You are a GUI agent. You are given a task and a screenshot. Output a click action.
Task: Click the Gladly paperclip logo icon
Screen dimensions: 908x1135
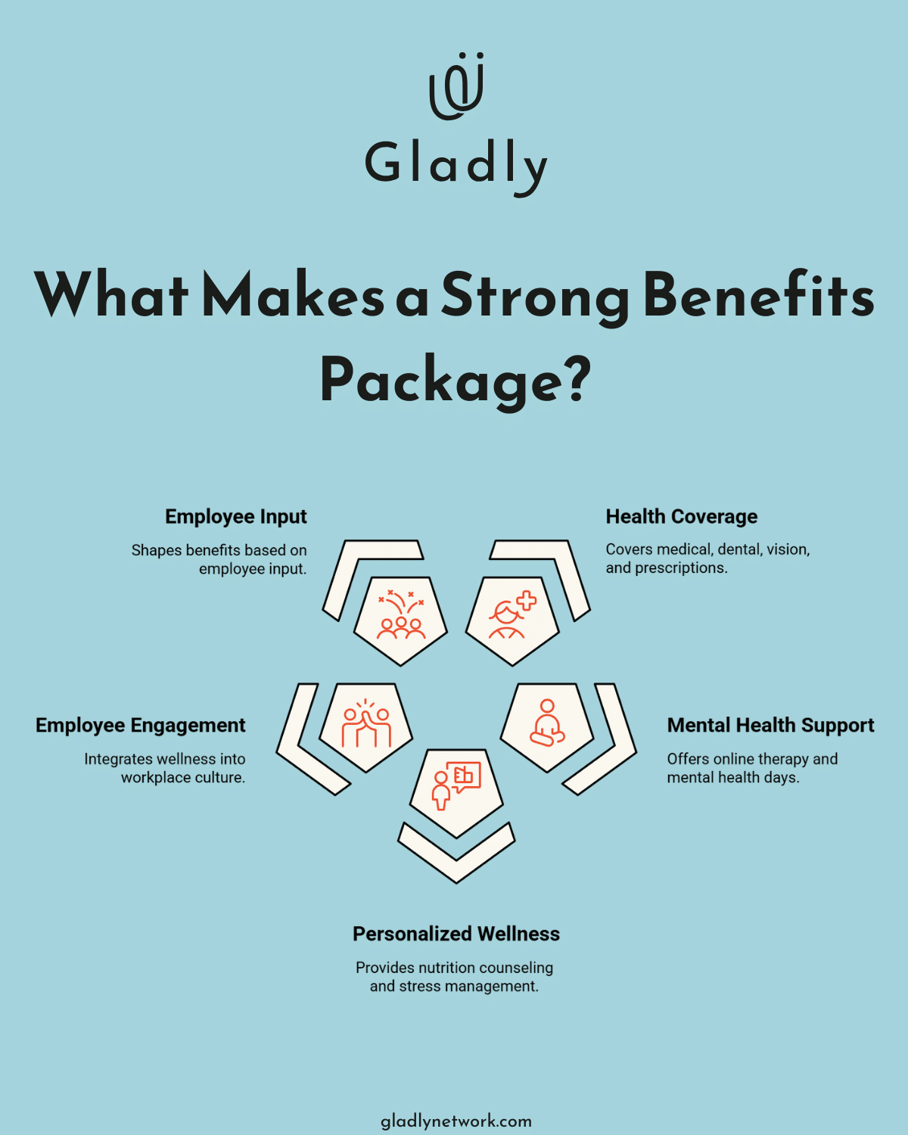(456, 86)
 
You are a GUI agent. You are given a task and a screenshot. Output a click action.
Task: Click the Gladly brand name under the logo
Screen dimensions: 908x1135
(456, 164)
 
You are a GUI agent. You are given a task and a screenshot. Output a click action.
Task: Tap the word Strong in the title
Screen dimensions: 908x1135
(534, 297)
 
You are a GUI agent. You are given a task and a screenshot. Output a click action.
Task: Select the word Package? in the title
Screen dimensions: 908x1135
(455, 381)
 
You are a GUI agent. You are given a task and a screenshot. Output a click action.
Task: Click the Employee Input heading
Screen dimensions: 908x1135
(235, 517)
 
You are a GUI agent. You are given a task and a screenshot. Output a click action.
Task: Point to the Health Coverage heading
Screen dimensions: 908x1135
(681, 517)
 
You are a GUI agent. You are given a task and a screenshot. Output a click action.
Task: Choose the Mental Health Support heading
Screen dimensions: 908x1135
(770, 726)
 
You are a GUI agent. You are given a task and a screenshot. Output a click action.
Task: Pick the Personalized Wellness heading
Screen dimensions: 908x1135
(456, 934)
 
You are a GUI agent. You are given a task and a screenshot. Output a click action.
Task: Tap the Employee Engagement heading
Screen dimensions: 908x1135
(141, 726)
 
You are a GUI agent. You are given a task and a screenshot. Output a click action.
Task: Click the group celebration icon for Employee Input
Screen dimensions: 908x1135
(401, 615)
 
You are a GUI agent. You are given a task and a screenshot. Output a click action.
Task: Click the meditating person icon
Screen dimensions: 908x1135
(547, 723)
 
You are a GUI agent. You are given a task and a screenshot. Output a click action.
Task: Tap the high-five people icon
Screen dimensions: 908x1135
(366, 723)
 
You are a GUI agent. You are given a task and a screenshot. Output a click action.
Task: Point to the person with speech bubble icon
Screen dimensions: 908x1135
(456, 785)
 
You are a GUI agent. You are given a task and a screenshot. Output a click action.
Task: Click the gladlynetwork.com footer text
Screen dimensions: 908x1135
(456, 1121)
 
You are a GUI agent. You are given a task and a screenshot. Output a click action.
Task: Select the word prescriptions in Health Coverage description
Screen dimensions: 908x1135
(680, 568)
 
